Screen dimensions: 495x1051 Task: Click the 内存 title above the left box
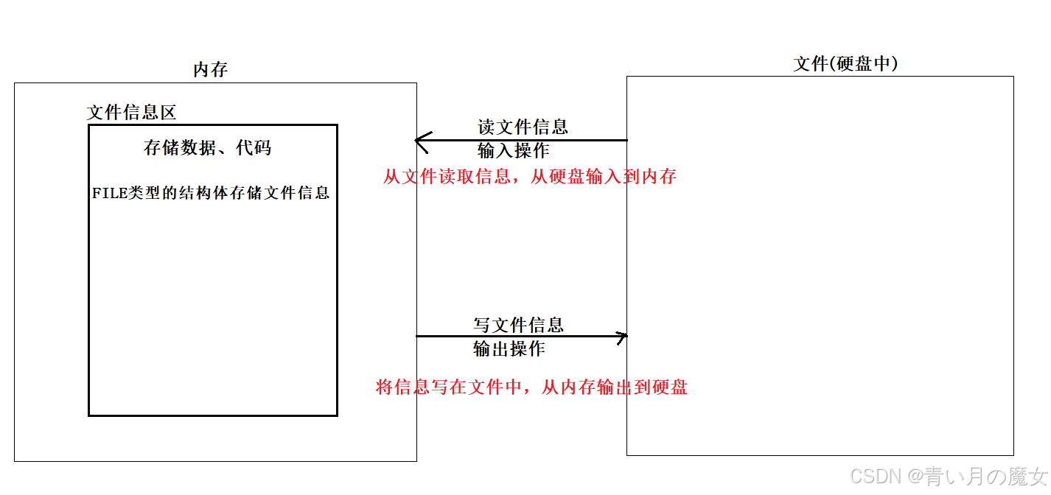[x=211, y=70]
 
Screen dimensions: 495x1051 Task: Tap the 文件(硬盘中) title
[x=845, y=64]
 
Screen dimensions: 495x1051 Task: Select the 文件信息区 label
[x=131, y=113]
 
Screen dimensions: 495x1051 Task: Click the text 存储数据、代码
[x=207, y=148]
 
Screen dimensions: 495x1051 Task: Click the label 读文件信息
[x=523, y=127]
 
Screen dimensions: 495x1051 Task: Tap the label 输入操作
[x=513, y=151]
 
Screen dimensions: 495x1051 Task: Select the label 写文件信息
[x=518, y=325]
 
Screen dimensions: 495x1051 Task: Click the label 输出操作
[x=509, y=349]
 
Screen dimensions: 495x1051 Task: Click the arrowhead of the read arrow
[x=421, y=140]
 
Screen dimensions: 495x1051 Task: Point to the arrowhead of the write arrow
[x=623, y=337]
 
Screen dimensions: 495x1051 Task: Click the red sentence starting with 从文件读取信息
[x=529, y=177]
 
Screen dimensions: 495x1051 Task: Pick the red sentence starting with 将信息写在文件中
[x=531, y=387]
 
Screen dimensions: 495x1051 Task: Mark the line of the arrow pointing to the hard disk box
[x=516, y=337]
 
